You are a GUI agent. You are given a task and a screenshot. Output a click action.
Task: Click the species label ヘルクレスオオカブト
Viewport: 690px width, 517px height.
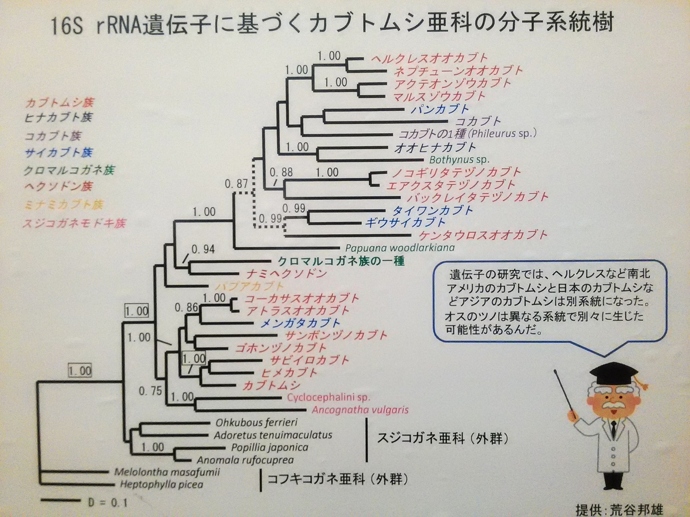pos(430,58)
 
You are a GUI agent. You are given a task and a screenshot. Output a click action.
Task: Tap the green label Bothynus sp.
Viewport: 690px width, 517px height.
pos(459,159)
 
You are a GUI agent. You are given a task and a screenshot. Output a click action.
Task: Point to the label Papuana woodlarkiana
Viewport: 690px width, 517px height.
pos(400,248)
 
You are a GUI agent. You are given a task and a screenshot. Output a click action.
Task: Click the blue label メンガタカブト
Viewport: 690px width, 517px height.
pos(300,323)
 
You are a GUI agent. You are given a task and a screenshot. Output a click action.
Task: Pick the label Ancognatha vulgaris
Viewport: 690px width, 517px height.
pos(360,409)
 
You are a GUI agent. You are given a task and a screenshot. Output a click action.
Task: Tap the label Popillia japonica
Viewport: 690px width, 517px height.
pos(270,447)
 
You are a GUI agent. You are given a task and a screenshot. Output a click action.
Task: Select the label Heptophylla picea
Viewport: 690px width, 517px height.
pos(161,484)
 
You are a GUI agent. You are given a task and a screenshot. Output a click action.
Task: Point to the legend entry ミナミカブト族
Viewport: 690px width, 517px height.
pos(63,205)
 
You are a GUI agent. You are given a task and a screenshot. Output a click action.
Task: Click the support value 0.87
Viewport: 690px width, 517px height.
pos(236,184)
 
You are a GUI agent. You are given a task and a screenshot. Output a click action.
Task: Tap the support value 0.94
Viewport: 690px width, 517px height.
pos(203,249)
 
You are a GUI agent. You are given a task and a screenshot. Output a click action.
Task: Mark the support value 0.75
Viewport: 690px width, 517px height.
pos(150,391)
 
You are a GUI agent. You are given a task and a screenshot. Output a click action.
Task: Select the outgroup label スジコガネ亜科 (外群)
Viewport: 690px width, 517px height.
pos(442,439)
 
